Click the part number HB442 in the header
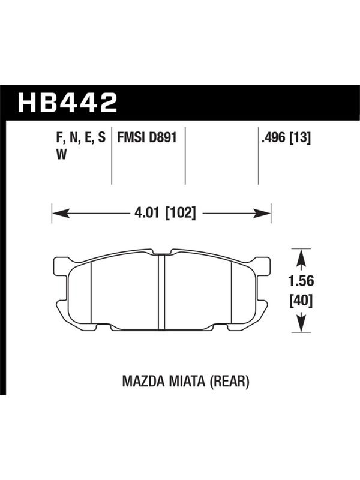(x=68, y=102)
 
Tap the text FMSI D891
(x=147, y=137)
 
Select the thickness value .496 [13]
(x=286, y=138)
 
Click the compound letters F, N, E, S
(x=81, y=139)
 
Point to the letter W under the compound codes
(x=61, y=155)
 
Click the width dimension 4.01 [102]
(x=164, y=212)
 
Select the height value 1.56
(x=301, y=281)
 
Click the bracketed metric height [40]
(x=301, y=301)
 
